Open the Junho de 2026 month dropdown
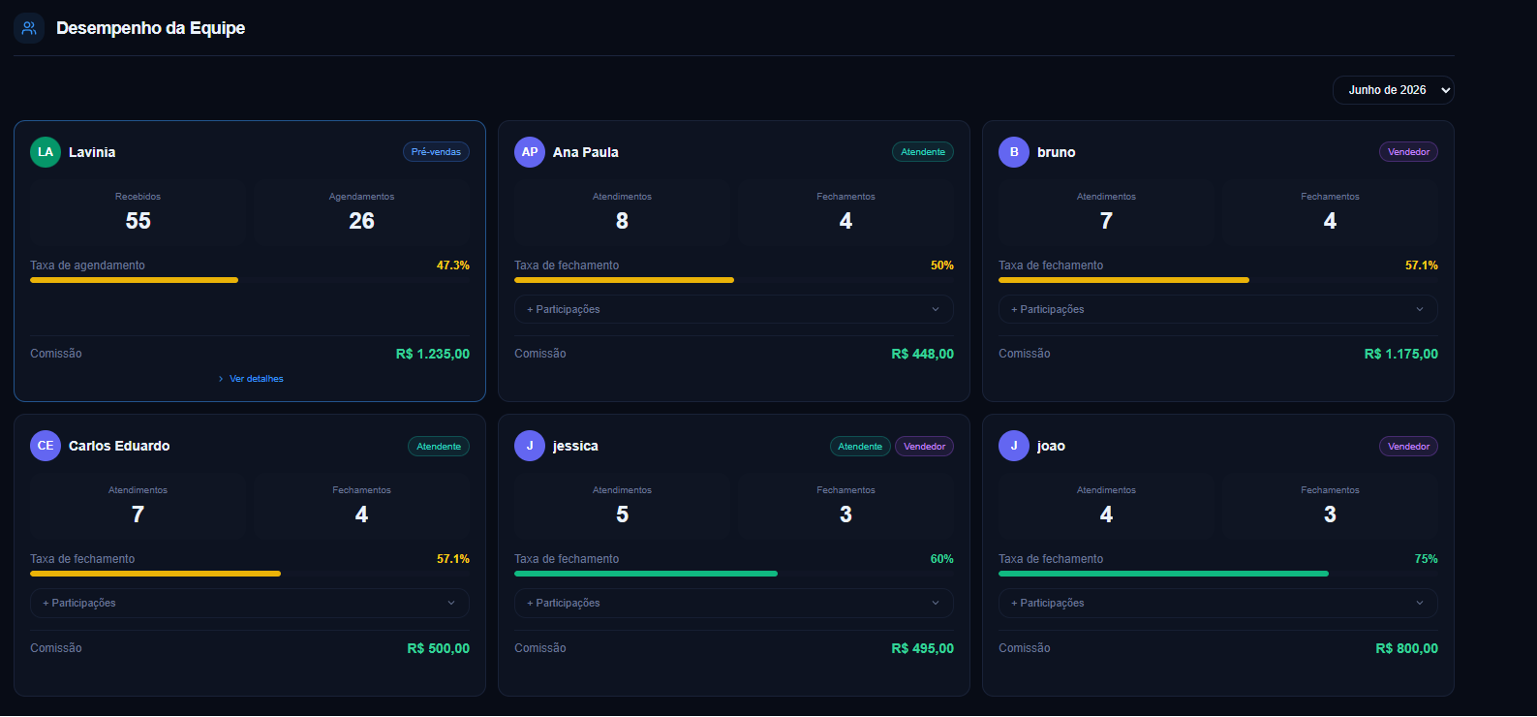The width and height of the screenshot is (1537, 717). pyautogui.click(x=1393, y=90)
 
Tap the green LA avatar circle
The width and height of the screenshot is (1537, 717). pyautogui.click(x=46, y=152)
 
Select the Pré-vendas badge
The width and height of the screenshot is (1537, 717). pyautogui.click(x=436, y=152)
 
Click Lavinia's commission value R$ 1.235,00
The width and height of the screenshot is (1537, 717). pyautogui.click(x=432, y=354)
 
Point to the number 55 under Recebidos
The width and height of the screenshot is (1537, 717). pyautogui.click(x=138, y=221)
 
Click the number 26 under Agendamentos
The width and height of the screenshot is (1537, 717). pyautogui.click(x=361, y=221)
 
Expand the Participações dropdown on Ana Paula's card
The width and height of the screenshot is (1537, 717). pyautogui.click(x=733, y=309)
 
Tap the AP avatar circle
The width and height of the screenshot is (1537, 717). pyautogui.click(x=530, y=152)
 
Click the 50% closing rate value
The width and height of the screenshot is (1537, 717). pyautogui.click(x=941, y=265)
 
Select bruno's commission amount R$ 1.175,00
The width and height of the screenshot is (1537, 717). pyautogui.click(x=1400, y=354)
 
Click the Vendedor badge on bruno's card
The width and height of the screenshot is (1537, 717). pyautogui.click(x=1408, y=152)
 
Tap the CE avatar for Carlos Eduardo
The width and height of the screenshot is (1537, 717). pyautogui.click(x=46, y=446)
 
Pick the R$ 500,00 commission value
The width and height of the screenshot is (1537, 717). pyautogui.click(x=438, y=648)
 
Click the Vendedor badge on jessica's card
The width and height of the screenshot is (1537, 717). pyautogui.click(x=924, y=447)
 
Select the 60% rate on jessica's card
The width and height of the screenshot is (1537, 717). pyautogui.click(x=941, y=559)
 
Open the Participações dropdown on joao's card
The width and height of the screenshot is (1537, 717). pyautogui.click(x=1218, y=603)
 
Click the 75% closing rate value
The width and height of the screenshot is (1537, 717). pyautogui.click(x=1426, y=559)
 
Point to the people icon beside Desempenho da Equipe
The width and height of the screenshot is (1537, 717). pyautogui.click(x=29, y=28)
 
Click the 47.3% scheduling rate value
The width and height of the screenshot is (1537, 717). pyautogui.click(x=453, y=265)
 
